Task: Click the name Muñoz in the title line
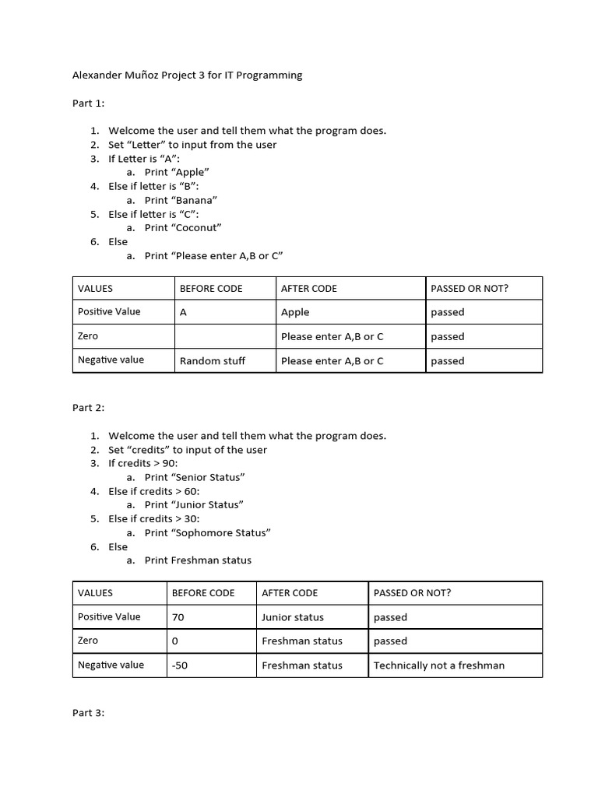coord(142,75)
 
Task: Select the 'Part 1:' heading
coord(88,103)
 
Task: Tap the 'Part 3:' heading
coord(88,712)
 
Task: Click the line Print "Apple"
coord(177,172)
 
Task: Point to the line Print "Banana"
coord(181,200)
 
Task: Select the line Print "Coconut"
coord(183,227)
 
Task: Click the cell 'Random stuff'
coord(212,360)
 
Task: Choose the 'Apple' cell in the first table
coord(295,312)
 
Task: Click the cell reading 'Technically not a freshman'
coord(439,665)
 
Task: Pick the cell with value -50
coord(180,665)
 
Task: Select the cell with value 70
coord(178,617)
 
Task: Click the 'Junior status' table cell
coord(293,617)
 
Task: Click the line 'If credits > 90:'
coord(143,463)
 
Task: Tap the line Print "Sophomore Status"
coord(208,532)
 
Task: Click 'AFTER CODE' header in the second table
coord(290,592)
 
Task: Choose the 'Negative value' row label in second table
coord(111,665)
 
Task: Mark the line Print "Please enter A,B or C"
coord(213,255)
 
